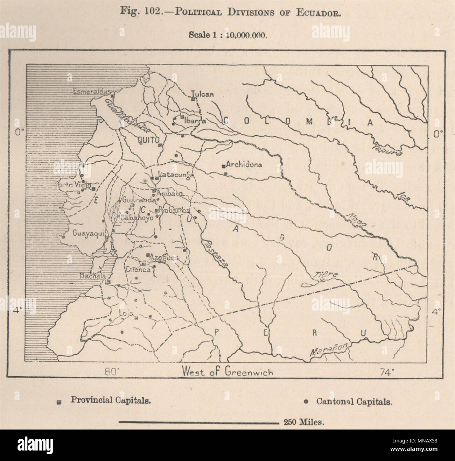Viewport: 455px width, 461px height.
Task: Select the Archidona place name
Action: [x=244, y=164]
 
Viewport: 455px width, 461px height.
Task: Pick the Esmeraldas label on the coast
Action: [x=92, y=92]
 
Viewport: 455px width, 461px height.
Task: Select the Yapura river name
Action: [x=387, y=149]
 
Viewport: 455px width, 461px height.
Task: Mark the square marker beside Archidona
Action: [x=223, y=166]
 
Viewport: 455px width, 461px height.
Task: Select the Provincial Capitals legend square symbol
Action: [x=59, y=403]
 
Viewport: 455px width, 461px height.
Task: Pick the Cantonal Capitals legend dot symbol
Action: [x=306, y=402]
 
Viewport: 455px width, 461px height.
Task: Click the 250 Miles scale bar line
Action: [x=198, y=422]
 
